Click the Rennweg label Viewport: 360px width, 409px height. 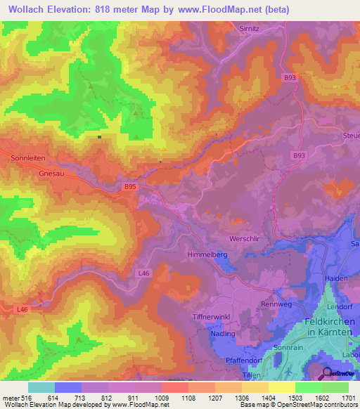pyautogui.click(x=276, y=304)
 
